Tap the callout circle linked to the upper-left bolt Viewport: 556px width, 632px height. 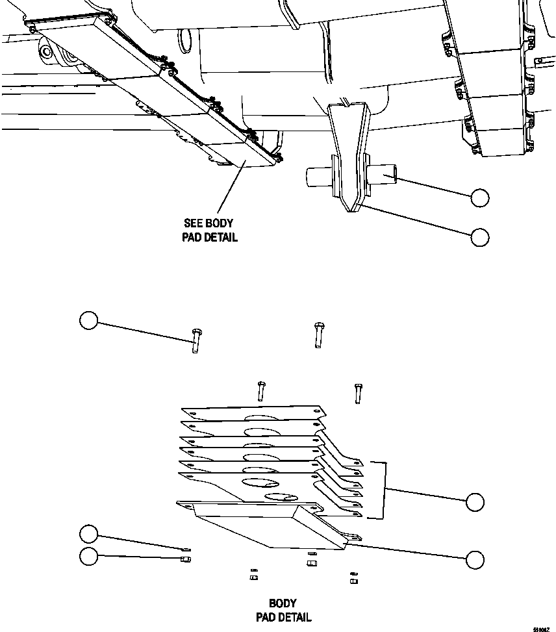(88, 320)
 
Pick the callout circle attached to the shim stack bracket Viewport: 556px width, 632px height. (475, 501)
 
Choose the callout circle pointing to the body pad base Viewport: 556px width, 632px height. (475, 559)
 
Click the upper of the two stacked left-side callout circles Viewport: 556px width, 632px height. (88, 535)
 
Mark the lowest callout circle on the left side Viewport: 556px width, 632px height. (88, 557)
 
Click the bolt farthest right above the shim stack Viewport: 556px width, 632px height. (358, 393)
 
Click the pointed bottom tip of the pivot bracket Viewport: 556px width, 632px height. (349, 209)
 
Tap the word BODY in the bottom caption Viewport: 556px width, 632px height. (283, 603)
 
